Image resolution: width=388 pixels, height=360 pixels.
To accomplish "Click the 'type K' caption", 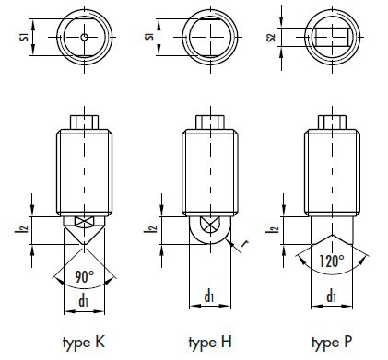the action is (x=84, y=343).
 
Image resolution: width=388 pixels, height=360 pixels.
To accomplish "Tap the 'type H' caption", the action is (x=210, y=343).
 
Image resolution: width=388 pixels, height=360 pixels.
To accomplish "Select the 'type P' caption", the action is (x=332, y=343).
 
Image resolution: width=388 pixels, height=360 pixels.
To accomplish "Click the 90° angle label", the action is (x=85, y=277).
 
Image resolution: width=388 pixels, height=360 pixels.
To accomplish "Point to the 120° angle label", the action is (x=332, y=261).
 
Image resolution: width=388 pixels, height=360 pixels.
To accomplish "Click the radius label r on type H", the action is (x=245, y=244).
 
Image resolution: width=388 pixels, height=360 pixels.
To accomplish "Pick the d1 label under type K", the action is (x=84, y=301).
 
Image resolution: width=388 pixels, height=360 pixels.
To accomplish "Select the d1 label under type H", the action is (x=209, y=296).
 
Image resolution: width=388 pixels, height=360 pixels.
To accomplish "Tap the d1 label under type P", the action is (x=331, y=296).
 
